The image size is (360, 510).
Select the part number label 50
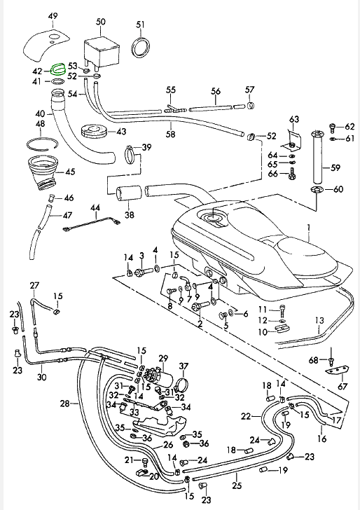(x=101, y=22)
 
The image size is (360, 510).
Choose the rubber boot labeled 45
(x=43, y=172)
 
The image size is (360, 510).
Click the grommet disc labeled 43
(x=94, y=132)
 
